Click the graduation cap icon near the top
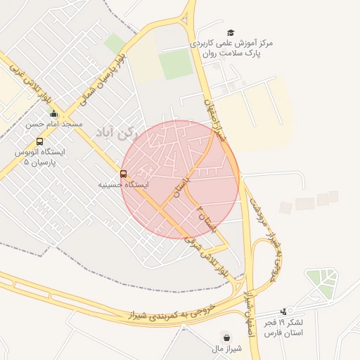coord(231,33)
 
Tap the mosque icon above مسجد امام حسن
coord(54,114)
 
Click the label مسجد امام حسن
coord(54,124)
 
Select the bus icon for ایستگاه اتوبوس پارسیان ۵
coord(39,141)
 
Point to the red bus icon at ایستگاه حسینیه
coord(124,174)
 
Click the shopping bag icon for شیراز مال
coord(225,337)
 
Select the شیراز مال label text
coord(225,347)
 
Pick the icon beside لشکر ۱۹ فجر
coord(283,311)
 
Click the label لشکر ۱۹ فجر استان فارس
coord(283,327)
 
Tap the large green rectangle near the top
coord(175,65)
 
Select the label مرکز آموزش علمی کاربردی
coord(231,44)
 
